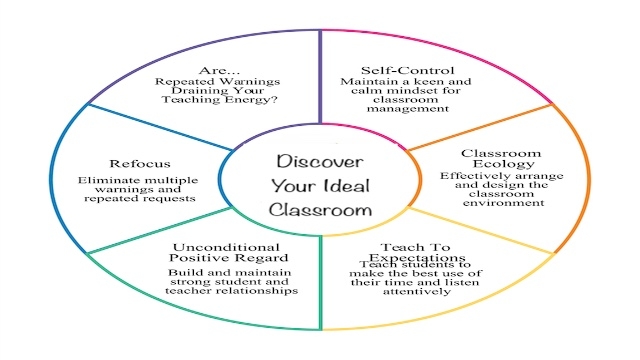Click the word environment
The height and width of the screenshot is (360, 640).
489,204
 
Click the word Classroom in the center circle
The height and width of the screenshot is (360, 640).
320,211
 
